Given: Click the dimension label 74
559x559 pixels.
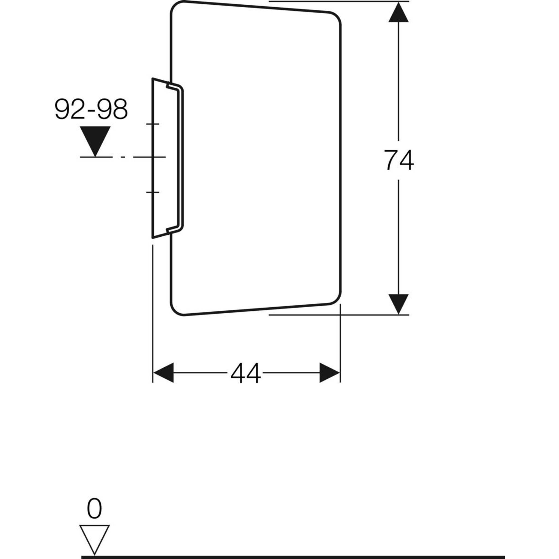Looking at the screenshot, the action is [399, 160].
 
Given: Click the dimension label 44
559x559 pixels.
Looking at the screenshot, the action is [245, 373].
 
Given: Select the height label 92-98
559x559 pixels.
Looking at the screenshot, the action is [91, 109].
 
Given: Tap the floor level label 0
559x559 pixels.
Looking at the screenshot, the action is [94, 508].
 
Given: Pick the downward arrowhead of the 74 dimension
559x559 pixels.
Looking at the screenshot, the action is [399, 304].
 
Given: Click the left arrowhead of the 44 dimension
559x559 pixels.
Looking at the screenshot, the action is [163, 373].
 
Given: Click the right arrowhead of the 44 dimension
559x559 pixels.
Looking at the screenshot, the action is [329, 373].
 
